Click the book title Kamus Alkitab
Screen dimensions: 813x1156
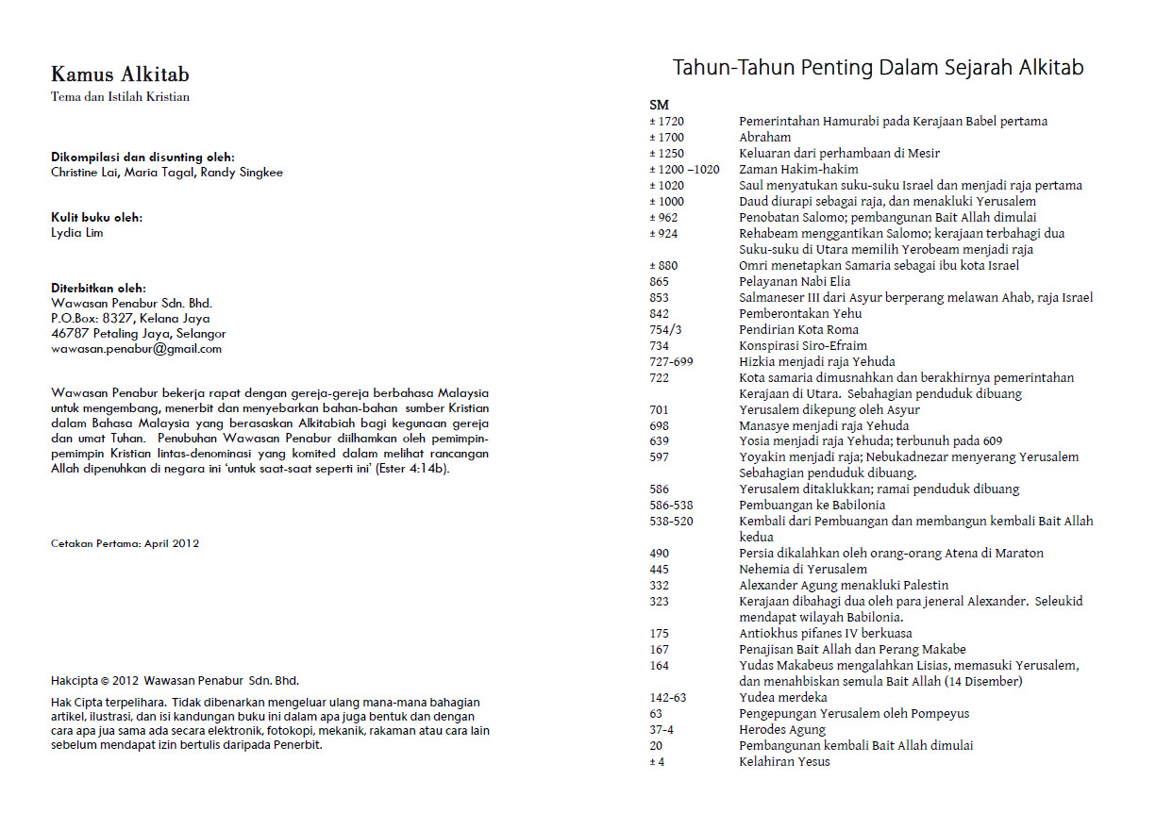click(120, 75)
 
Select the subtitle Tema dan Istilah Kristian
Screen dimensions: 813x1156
click(120, 97)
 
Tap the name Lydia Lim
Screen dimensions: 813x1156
click(77, 233)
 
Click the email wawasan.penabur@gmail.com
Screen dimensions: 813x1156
click(136, 348)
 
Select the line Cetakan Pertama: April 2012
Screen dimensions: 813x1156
click(125, 543)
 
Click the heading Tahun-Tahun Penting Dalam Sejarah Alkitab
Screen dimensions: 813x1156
click(878, 68)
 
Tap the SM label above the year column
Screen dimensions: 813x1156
click(659, 105)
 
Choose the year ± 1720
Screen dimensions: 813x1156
click(666, 122)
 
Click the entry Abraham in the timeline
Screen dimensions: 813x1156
click(764, 138)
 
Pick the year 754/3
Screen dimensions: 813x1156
click(665, 330)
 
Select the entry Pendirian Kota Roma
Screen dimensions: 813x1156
click(798, 330)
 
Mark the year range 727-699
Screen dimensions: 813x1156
click(671, 362)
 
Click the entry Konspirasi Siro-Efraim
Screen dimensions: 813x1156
click(802, 346)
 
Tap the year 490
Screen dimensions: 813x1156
click(659, 554)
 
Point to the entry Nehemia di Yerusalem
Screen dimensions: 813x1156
click(802, 570)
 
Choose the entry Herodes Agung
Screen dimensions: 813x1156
click(782, 729)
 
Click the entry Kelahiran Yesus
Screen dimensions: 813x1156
click(784, 761)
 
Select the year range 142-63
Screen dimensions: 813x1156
click(668, 697)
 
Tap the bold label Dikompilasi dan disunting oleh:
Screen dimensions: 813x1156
click(142, 158)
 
